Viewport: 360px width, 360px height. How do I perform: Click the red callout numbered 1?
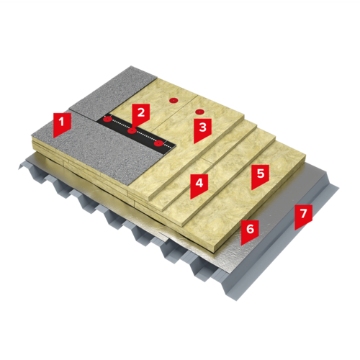(x=62, y=124)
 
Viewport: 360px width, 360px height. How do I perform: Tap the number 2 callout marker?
(x=141, y=114)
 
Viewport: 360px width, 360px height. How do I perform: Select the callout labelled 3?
(x=202, y=130)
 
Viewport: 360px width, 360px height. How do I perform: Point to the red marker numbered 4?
(x=199, y=185)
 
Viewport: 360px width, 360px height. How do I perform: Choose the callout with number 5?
(x=260, y=176)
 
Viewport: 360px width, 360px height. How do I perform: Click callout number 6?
(x=250, y=231)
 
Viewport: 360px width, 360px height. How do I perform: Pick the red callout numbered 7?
(x=304, y=215)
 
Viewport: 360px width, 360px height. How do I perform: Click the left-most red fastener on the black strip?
(x=107, y=119)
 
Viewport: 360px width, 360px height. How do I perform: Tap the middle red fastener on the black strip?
(x=132, y=131)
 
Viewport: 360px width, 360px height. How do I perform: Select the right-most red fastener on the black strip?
(x=158, y=144)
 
